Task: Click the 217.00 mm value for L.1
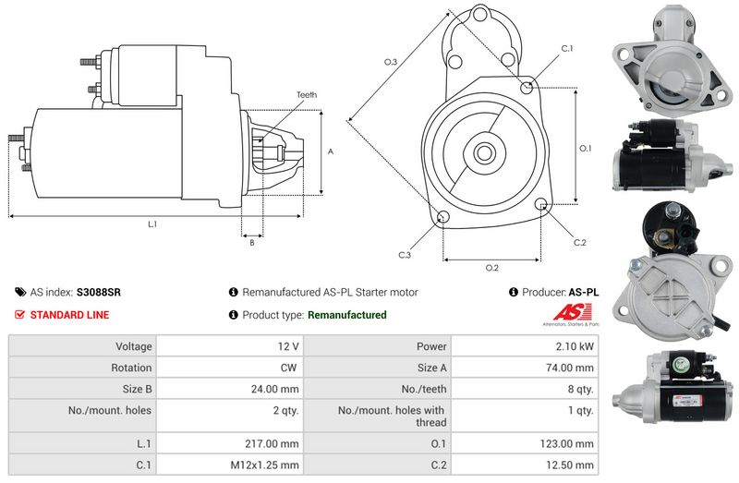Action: point(272,443)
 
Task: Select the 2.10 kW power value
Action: point(575,346)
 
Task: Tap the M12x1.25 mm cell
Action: point(264,465)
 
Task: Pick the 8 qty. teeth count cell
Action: point(581,389)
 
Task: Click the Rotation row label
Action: point(131,368)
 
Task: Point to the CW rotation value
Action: point(288,368)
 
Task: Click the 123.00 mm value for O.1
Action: point(566,443)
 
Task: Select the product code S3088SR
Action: point(99,292)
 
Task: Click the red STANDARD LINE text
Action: point(70,315)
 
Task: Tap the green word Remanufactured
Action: point(347,315)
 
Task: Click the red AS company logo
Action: point(572,312)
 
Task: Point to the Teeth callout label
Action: point(307,95)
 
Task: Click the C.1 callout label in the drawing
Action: point(567,49)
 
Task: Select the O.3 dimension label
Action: point(391,62)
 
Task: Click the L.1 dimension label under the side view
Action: point(152,224)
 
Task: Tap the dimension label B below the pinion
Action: point(252,242)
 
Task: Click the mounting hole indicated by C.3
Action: point(442,217)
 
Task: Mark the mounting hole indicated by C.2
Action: point(540,204)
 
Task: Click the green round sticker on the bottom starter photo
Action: point(679,364)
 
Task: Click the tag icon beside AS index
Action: point(20,292)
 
